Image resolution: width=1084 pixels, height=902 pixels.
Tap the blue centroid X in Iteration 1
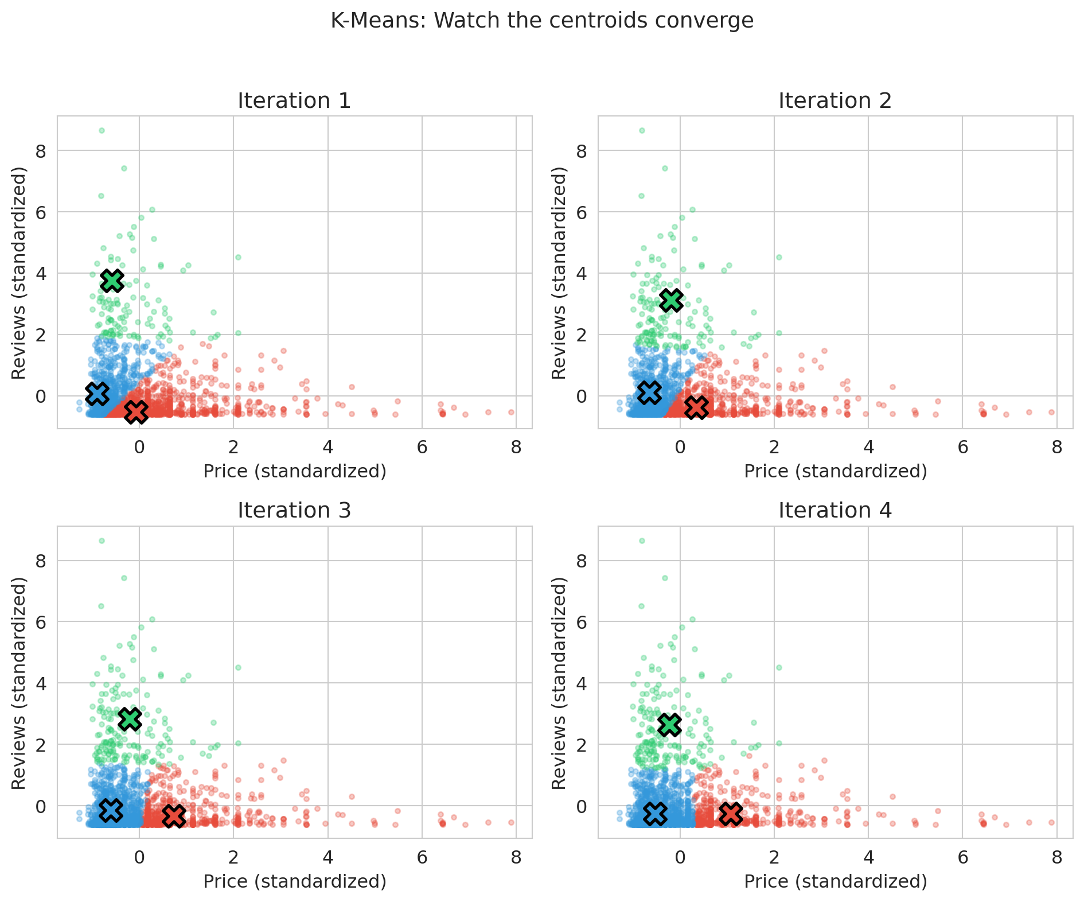coord(97,393)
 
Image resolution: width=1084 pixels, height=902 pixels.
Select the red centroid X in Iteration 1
coord(136,411)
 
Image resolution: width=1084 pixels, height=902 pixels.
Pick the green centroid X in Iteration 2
coord(671,300)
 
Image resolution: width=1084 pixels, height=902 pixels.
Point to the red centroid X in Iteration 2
coord(696,407)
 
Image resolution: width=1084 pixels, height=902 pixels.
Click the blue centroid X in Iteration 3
coord(111,810)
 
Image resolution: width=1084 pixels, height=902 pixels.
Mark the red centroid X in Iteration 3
coord(174,816)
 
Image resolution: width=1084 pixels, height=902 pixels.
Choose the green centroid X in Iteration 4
coord(669,725)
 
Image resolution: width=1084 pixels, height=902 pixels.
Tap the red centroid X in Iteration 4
coord(731,813)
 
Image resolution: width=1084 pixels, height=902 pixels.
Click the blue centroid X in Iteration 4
coord(655,812)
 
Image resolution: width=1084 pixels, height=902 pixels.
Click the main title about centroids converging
coord(542,21)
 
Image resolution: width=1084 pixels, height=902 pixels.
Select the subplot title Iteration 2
coord(835,101)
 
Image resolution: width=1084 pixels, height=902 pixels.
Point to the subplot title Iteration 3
coord(294,510)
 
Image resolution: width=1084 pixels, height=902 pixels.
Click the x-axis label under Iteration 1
coord(294,472)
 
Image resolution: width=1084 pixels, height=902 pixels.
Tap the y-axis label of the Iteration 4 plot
coord(559,683)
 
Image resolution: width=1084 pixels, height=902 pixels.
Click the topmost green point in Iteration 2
coord(642,131)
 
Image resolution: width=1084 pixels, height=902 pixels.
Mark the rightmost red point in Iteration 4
coord(1051,822)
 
